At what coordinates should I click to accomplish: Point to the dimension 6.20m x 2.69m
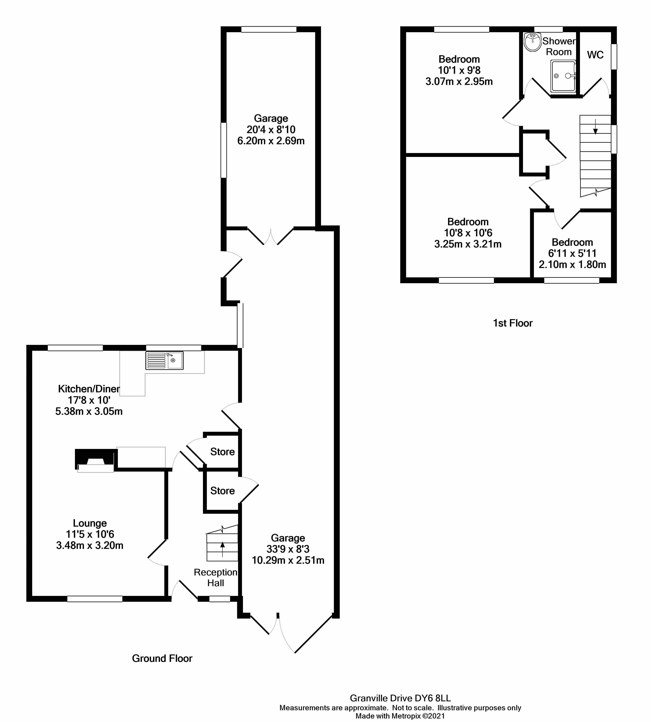pos(271,141)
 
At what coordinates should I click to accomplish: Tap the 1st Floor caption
pos(513,323)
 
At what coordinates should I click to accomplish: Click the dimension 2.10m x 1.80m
pos(572,265)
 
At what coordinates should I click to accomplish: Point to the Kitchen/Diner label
pos(89,389)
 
